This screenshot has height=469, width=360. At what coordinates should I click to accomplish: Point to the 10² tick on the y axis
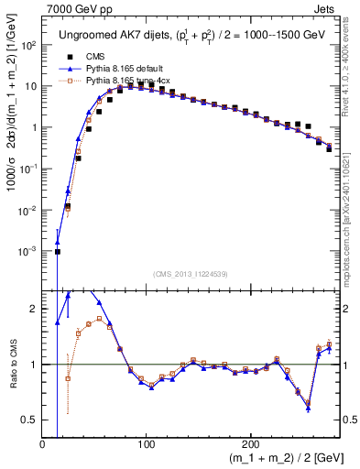29,45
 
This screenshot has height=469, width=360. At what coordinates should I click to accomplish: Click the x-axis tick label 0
42,444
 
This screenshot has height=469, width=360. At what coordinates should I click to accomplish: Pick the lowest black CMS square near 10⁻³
57,251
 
